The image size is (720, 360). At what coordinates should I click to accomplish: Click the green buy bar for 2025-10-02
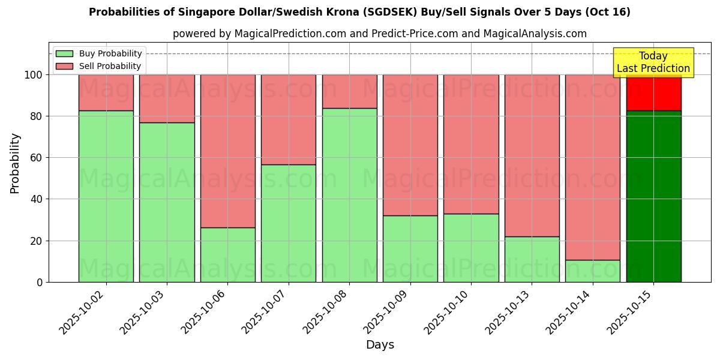click(106, 196)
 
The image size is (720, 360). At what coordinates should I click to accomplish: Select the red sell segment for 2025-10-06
click(227, 151)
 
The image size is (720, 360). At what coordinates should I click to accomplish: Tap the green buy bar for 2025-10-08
click(349, 195)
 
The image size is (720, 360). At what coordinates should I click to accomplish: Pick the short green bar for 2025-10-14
click(592, 271)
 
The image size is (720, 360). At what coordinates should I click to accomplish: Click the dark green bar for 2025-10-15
click(653, 196)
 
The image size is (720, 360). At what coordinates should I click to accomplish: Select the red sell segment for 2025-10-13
click(532, 155)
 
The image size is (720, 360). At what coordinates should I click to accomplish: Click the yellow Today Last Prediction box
click(653, 62)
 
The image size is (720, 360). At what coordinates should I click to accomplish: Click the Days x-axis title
click(380, 345)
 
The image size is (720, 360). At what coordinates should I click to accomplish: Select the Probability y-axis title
click(15, 163)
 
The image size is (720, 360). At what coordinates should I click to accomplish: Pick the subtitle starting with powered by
click(379, 34)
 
